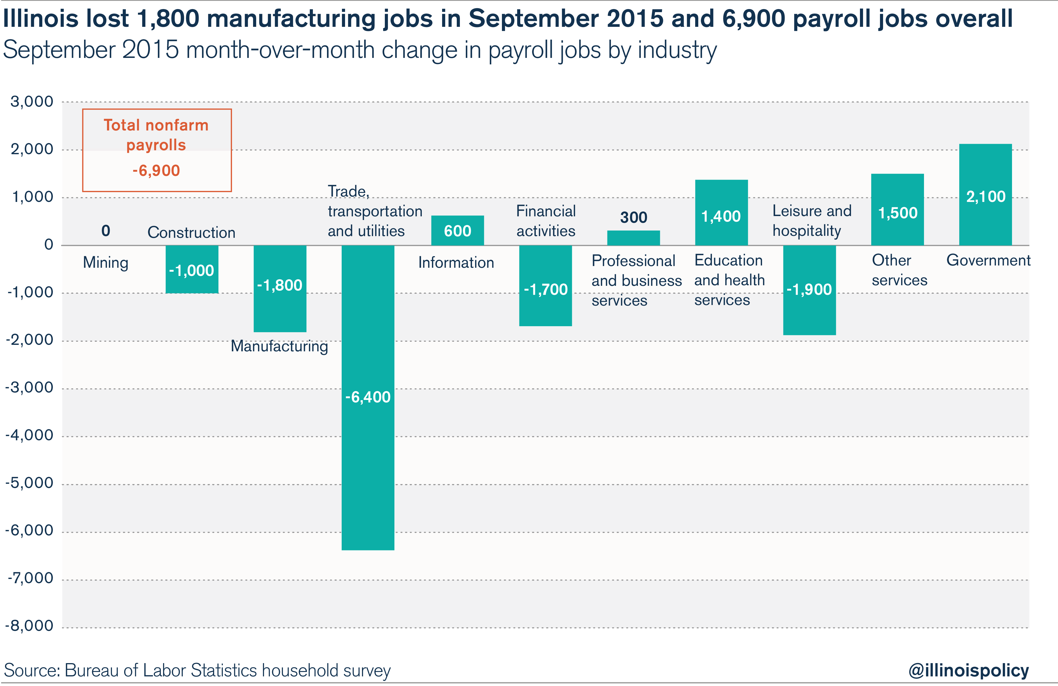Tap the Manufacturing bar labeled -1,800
[x=280, y=312]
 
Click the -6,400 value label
[x=368, y=397]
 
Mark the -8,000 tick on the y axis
[x=29, y=626]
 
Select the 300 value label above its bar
[x=633, y=217]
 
